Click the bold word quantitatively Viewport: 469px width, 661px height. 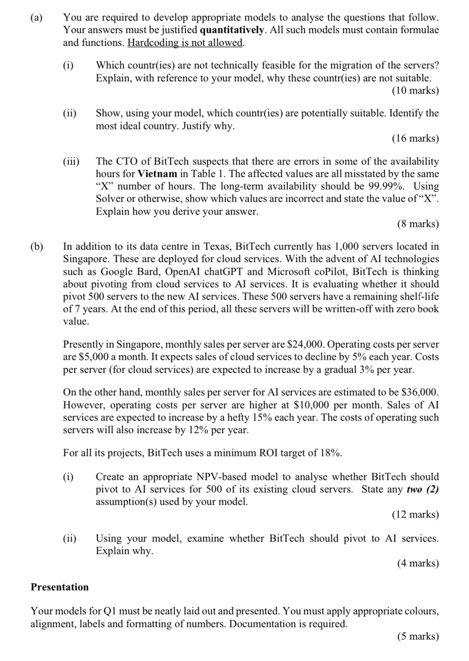coord(233,30)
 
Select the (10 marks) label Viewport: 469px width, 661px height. coord(415,91)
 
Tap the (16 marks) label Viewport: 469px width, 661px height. coord(415,139)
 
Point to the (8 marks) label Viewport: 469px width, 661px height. coord(418,224)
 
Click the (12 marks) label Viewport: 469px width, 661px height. coord(415,514)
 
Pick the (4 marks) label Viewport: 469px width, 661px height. coord(418,563)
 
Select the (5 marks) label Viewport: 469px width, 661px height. coord(418,637)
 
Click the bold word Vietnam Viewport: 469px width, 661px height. coord(158,174)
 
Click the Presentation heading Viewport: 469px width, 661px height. coord(59,587)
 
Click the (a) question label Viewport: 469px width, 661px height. coord(37,18)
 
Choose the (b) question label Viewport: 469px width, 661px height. coord(37,246)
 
